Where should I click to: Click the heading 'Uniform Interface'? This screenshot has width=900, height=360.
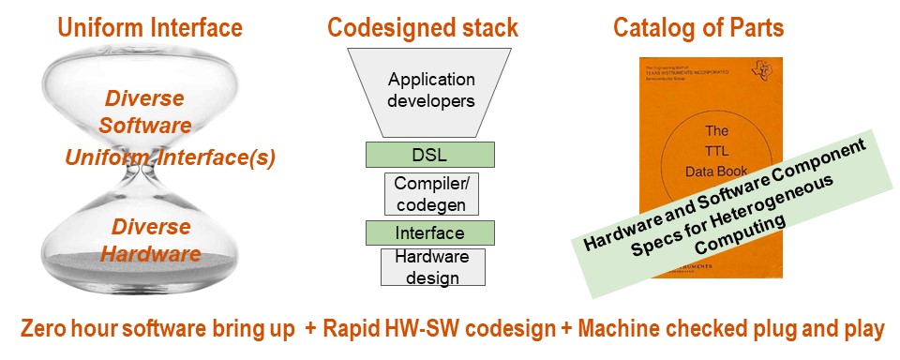[x=150, y=27]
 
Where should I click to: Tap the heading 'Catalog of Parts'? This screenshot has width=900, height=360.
[x=698, y=27]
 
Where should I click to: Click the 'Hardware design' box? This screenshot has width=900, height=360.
[x=431, y=266]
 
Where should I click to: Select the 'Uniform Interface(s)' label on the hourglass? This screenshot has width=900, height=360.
[x=170, y=157]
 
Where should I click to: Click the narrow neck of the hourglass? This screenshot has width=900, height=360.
[x=141, y=174]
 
